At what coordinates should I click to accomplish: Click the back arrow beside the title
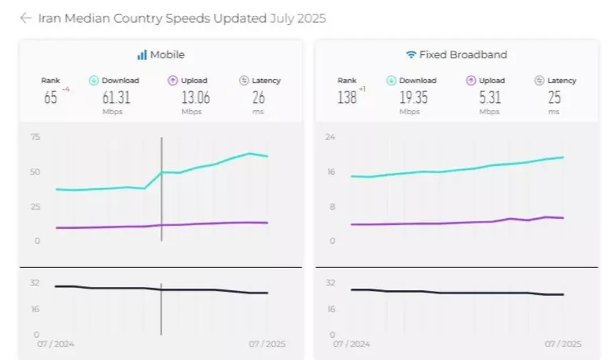(x=26, y=18)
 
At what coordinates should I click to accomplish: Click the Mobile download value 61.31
(x=116, y=97)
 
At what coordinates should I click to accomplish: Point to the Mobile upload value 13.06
(x=195, y=97)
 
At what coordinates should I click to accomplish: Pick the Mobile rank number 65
(x=50, y=97)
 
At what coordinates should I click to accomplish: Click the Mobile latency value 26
(x=259, y=97)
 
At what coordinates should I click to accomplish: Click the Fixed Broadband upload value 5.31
(x=490, y=97)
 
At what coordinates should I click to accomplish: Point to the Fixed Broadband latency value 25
(x=554, y=97)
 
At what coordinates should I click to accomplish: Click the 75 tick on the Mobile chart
(x=35, y=137)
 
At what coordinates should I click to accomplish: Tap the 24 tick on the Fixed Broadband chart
(x=330, y=137)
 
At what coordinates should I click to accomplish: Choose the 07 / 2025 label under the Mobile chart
(x=267, y=344)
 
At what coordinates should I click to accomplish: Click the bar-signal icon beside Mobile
(x=142, y=55)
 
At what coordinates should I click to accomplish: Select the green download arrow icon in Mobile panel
(x=94, y=81)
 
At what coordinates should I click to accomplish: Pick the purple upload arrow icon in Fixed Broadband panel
(x=471, y=81)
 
